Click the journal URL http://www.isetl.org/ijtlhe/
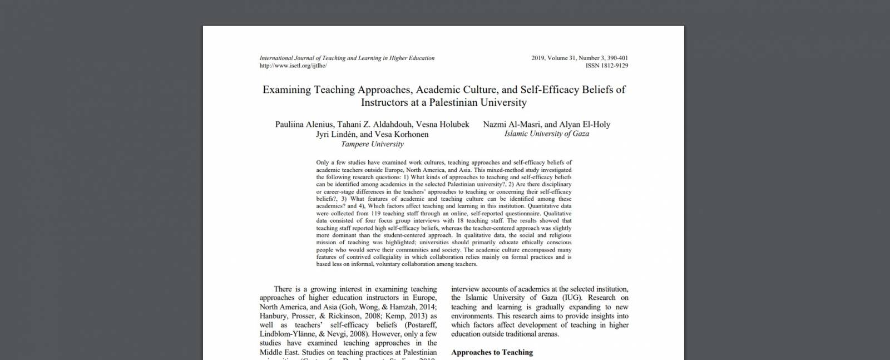[x=293, y=66]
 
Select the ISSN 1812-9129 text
[x=606, y=66]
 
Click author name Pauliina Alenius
[x=304, y=124]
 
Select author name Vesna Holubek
[x=442, y=124]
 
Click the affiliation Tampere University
[x=372, y=144]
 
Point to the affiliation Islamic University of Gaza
[x=546, y=134]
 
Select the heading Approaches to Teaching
[x=492, y=352]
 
